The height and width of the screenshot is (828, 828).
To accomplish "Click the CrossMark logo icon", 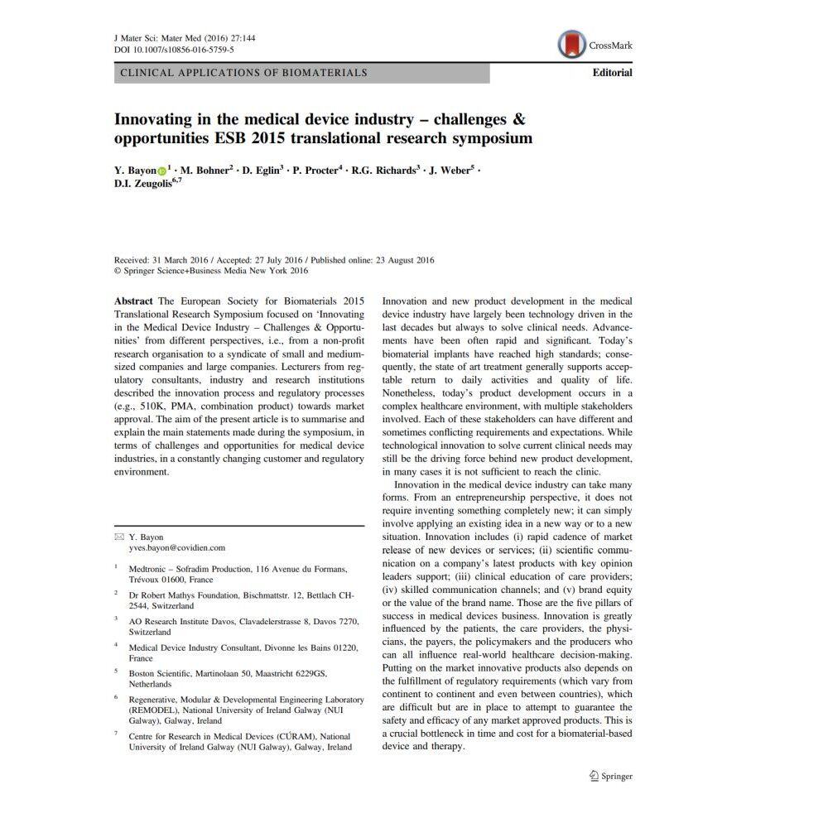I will pos(572,45).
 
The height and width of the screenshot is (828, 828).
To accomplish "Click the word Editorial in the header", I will pos(612,73).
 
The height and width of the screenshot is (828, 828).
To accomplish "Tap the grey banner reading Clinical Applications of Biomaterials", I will pos(301,73).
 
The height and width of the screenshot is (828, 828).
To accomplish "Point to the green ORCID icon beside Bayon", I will pos(161,171).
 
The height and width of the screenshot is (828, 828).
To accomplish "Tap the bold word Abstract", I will pos(133,301).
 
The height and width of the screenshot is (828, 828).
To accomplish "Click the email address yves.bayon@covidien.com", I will pos(176,548).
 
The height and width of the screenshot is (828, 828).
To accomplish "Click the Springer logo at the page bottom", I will pos(610,776).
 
